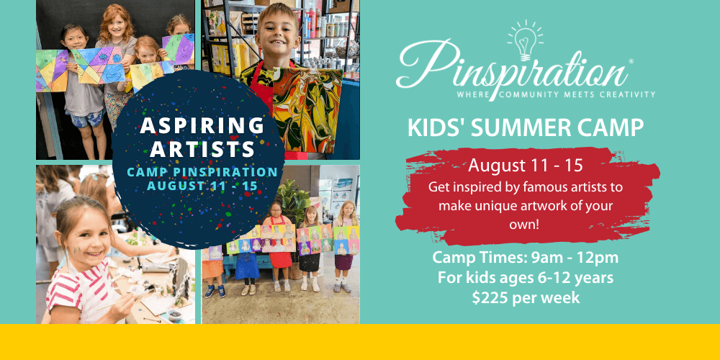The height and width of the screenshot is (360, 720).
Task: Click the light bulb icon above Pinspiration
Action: [526, 40]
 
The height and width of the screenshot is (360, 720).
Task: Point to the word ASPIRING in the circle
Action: [202, 126]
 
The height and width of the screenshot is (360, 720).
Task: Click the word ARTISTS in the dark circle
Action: [202, 149]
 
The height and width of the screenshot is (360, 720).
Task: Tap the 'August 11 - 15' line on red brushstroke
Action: [526, 166]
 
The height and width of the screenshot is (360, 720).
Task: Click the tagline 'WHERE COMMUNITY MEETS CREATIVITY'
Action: [556, 94]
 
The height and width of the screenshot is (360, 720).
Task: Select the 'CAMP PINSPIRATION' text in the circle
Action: [202, 172]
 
